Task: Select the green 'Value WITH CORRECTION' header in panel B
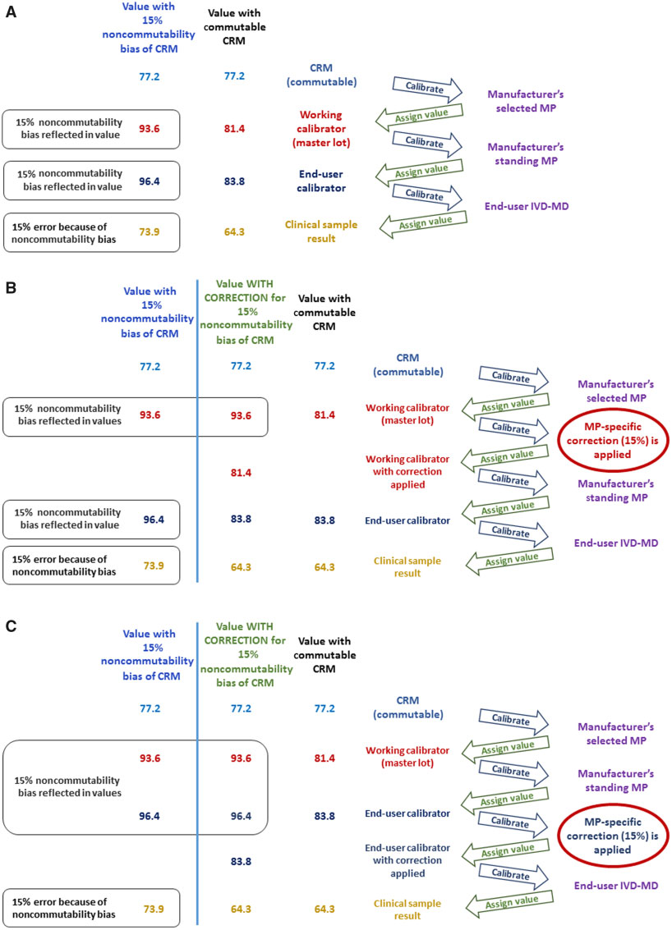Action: coord(247,316)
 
